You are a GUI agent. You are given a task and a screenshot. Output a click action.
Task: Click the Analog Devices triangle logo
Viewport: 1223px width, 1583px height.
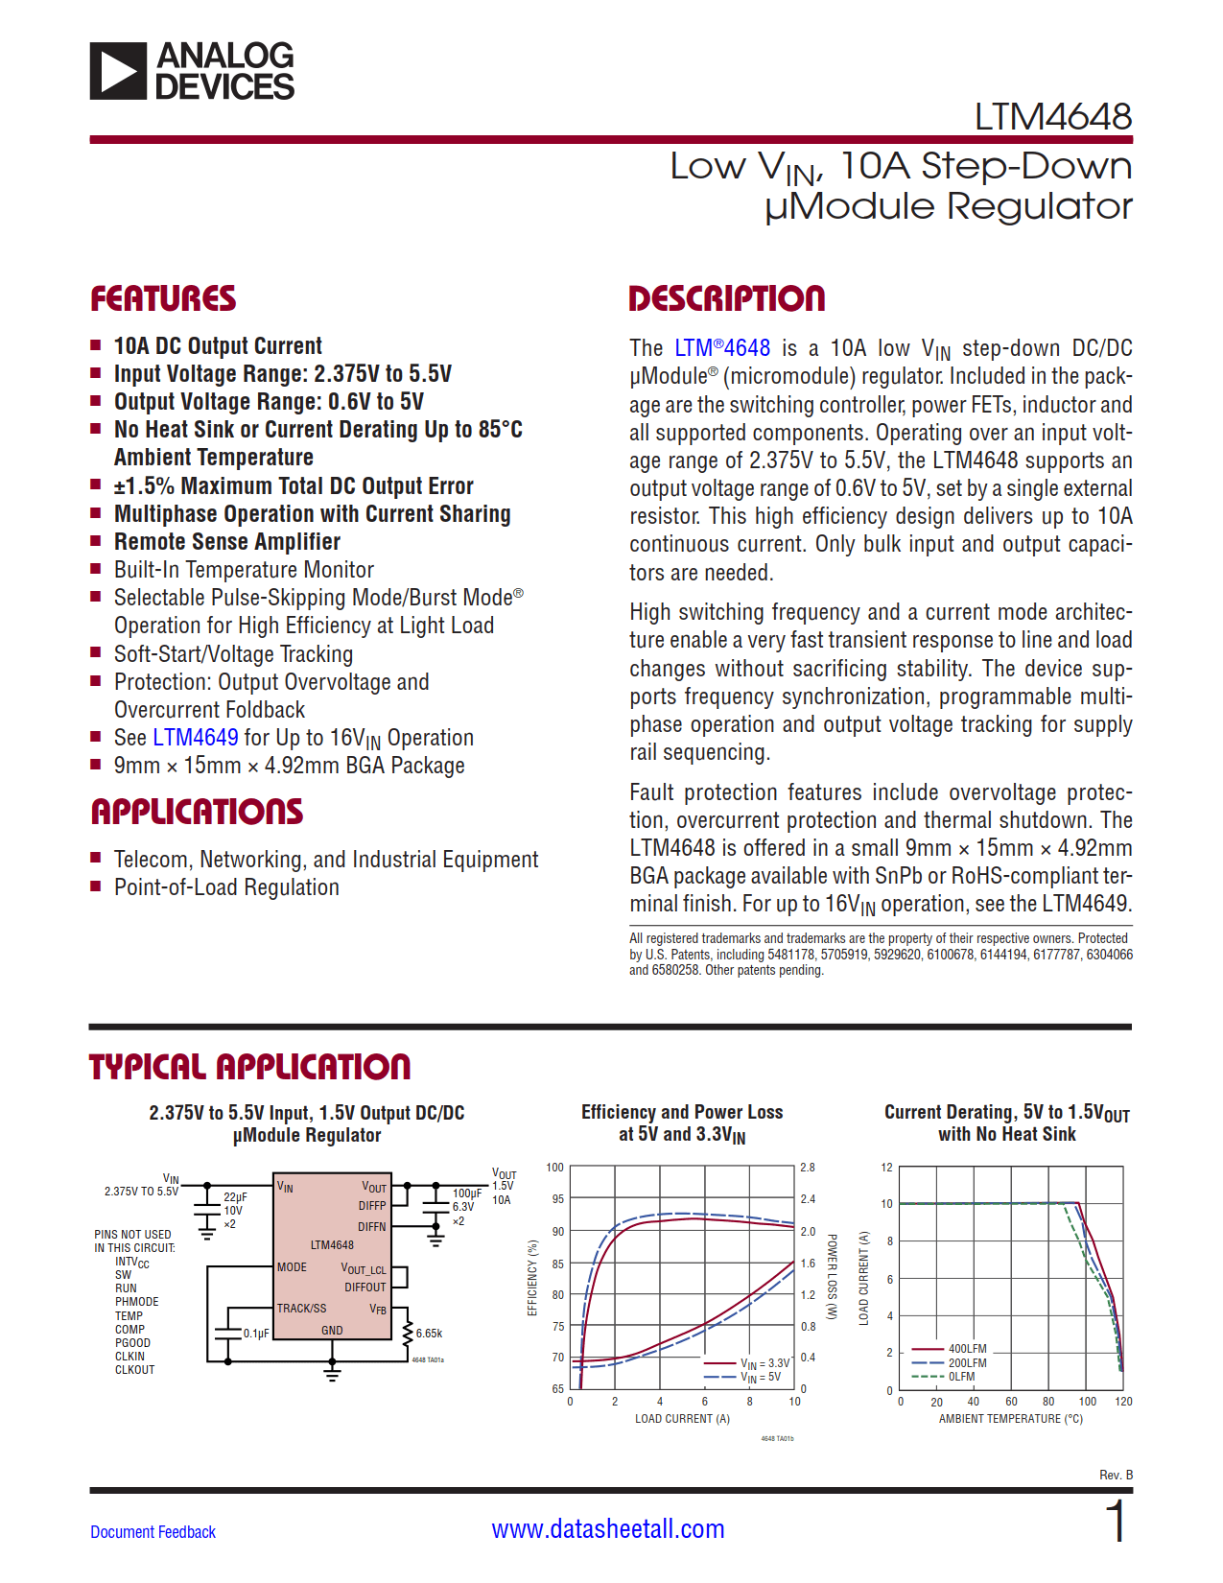(119, 71)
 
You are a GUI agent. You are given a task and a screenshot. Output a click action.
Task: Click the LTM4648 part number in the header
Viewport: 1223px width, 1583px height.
(1052, 117)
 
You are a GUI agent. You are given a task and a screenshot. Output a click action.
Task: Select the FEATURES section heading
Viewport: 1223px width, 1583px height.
(163, 299)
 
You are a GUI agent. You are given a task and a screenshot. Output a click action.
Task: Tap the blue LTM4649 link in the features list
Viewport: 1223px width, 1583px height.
(196, 738)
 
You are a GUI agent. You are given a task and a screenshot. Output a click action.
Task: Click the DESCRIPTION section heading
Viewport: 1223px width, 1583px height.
(726, 299)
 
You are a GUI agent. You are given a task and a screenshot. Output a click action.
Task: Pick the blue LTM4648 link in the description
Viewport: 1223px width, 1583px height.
(722, 348)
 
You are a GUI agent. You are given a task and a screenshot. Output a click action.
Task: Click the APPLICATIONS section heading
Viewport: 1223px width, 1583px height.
(197, 813)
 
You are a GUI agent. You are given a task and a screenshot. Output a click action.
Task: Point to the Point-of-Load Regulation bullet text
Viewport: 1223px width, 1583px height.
(226, 887)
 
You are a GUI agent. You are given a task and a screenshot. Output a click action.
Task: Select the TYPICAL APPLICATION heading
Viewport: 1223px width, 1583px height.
(249, 1067)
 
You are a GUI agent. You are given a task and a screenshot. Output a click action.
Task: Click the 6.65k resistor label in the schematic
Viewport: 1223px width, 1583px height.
(429, 1334)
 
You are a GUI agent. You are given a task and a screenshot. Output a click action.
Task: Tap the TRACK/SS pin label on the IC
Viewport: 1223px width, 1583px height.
(301, 1308)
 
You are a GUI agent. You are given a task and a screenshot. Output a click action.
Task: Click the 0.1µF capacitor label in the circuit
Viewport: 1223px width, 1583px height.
(256, 1334)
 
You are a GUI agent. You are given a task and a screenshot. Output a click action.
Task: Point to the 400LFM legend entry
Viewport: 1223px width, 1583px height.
(967, 1349)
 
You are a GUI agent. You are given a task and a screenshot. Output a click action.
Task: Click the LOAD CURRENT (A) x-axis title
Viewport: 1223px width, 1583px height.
(682, 1419)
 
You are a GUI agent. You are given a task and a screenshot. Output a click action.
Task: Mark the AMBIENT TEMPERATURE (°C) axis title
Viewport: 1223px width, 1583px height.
(1010, 1419)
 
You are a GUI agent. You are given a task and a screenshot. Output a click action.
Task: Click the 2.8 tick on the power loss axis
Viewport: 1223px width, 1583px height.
(808, 1168)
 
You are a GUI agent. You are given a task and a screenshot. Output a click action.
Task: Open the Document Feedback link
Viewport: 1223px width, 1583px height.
(153, 1532)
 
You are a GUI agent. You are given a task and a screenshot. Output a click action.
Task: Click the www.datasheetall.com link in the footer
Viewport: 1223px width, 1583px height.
(608, 1529)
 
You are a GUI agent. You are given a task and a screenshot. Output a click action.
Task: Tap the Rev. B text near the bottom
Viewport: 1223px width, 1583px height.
(1116, 1475)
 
